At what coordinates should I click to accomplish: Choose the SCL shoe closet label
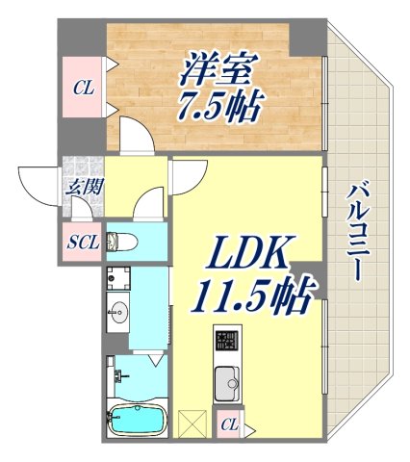click(x=81, y=242)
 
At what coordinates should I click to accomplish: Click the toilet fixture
click(x=124, y=241)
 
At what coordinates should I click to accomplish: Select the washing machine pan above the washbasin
click(x=118, y=278)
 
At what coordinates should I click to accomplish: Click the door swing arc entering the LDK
click(x=190, y=173)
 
